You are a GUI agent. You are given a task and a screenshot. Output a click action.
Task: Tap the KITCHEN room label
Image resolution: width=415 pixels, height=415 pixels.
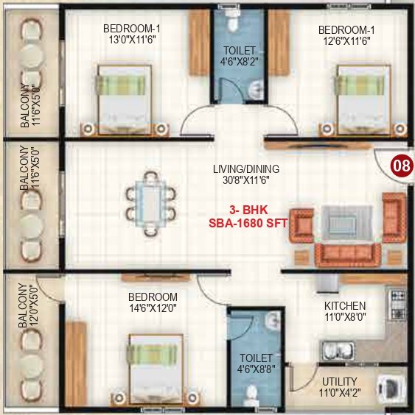(345, 305)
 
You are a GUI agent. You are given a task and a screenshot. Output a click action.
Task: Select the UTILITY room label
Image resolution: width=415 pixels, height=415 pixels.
(340, 381)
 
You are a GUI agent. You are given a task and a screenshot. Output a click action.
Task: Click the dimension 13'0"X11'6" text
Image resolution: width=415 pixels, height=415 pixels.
(133, 41)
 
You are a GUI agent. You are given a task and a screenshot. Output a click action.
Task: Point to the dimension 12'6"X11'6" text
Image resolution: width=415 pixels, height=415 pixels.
(343, 41)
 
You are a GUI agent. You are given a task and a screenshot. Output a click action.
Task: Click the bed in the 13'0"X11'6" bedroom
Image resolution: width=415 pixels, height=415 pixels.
(124, 99)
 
